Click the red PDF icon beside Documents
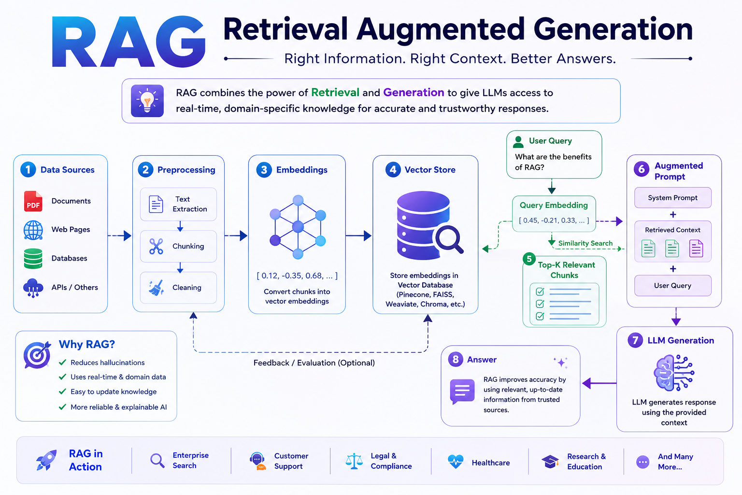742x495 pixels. click(33, 201)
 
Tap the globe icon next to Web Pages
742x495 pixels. click(33, 230)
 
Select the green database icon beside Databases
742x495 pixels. click(33, 258)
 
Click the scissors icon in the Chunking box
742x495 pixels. click(156, 247)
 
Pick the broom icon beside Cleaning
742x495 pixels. click(156, 288)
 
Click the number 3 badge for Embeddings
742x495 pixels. click(264, 170)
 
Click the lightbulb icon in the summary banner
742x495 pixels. click(147, 101)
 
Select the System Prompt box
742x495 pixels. click(673, 198)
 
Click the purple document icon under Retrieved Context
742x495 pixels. click(696, 248)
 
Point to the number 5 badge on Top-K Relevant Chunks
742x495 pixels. click(529, 259)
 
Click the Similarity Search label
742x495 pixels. click(585, 243)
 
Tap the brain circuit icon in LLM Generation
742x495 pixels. click(674, 373)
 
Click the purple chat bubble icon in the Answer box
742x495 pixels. click(462, 392)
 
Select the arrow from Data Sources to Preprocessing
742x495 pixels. click(120, 236)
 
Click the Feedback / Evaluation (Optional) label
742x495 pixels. click(314, 363)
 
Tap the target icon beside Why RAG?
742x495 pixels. click(37, 355)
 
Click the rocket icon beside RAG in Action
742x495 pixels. click(46, 460)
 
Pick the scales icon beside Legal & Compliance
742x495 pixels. click(354, 461)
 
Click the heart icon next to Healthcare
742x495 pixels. click(456, 461)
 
